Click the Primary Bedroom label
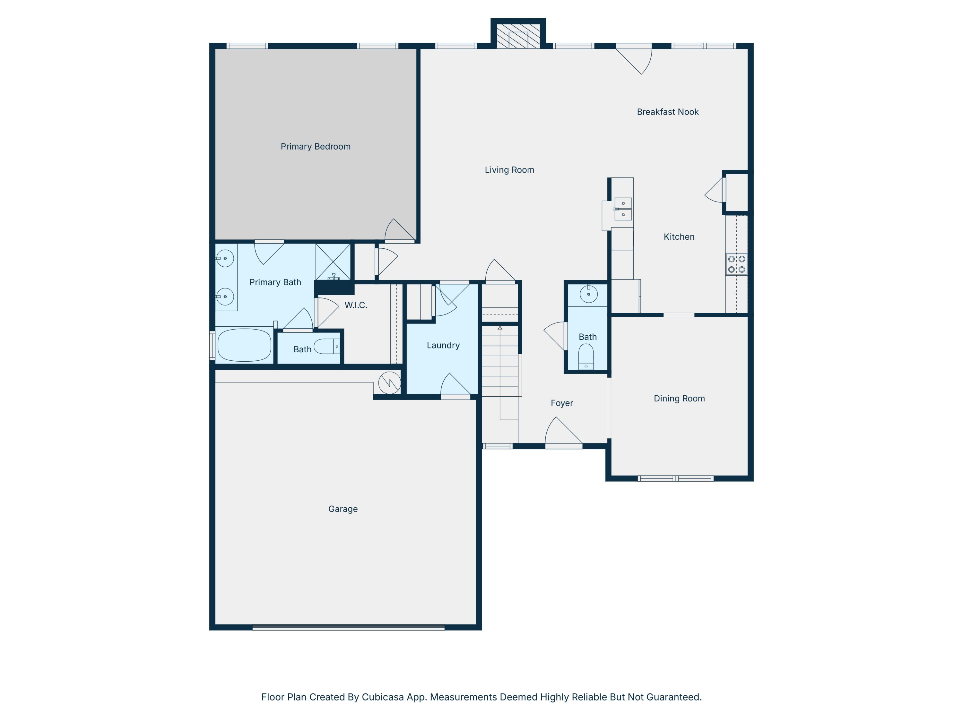tap(315, 147)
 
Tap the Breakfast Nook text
tap(667, 112)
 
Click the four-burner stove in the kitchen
tap(736, 264)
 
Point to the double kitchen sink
tap(622, 209)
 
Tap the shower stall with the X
tap(333, 262)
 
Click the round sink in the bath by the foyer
tap(589, 294)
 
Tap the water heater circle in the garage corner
tap(389, 383)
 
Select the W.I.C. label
tap(356, 305)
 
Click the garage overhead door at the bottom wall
tap(348, 627)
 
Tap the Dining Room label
tap(679, 398)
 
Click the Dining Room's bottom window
tap(675, 478)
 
